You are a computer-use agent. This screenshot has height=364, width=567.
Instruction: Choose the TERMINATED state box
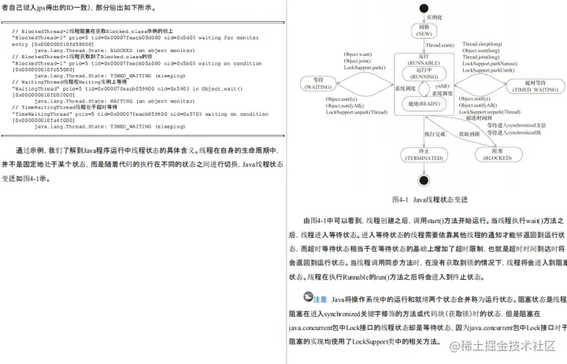424,154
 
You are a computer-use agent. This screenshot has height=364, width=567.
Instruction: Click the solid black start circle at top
425,8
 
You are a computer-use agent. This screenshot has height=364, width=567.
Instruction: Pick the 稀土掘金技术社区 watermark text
507,345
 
